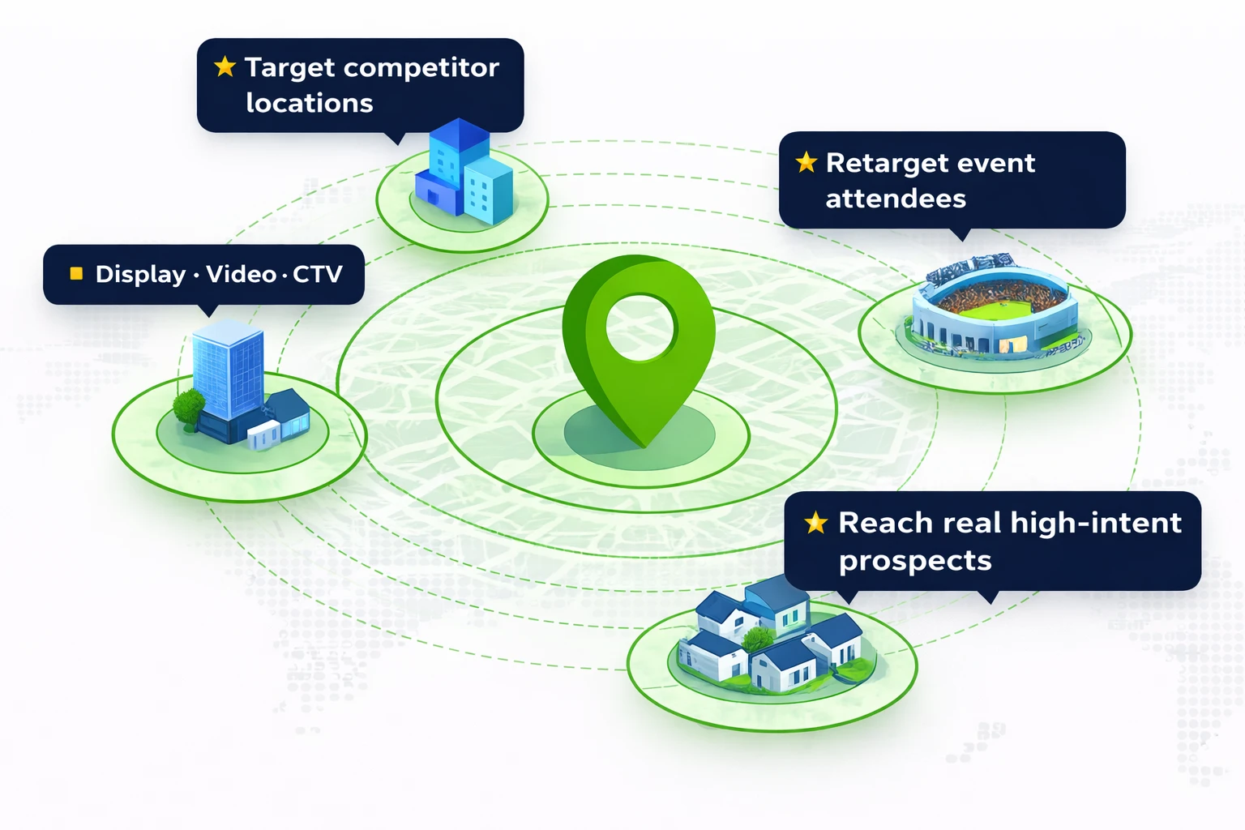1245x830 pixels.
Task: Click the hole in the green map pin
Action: tap(640, 327)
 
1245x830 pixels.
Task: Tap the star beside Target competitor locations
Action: tap(225, 66)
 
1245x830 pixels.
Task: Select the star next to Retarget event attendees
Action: tap(806, 162)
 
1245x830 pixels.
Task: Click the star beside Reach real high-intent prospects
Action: tap(815, 523)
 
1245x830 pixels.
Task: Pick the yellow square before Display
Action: tap(76, 274)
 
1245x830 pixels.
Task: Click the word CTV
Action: tap(318, 275)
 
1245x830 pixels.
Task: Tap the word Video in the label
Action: tap(242, 274)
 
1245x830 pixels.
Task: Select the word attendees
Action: tap(896, 199)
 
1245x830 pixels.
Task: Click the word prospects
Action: tap(915, 561)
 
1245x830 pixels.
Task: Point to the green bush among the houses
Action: tap(759, 640)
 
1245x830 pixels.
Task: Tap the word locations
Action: tap(309, 103)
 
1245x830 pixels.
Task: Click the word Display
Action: tap(140, 275)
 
